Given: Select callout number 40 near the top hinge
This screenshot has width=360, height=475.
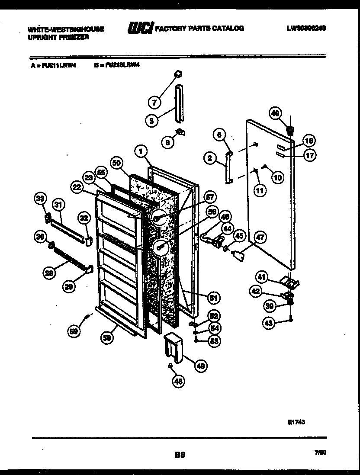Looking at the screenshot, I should coord(275,113).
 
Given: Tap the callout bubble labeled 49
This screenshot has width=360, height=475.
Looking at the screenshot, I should coord(200,366).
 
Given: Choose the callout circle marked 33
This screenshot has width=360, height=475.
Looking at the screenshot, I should coord(40,199).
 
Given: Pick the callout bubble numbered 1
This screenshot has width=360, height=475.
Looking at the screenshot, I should coord(141,151).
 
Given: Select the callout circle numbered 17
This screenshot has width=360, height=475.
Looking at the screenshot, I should coord(309,155).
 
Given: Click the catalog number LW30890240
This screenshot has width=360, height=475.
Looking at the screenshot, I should coord(306,29).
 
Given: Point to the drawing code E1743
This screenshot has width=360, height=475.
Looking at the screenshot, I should coord(296,422).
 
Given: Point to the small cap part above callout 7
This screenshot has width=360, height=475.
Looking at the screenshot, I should coord(177,75).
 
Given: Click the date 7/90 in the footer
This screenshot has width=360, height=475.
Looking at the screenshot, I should coord(321,452).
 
